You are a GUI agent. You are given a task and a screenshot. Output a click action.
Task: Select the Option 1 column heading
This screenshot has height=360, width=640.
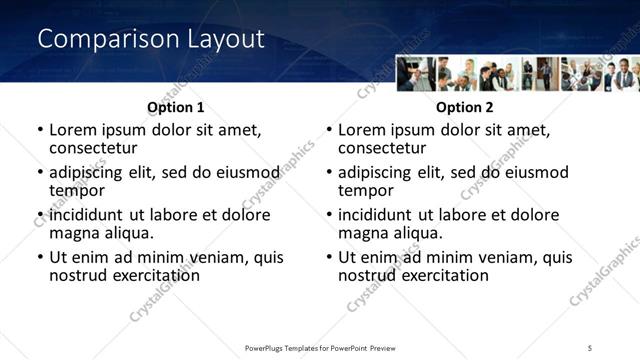(176, 108)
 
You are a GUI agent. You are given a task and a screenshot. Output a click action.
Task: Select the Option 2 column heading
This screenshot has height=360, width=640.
(465, 108)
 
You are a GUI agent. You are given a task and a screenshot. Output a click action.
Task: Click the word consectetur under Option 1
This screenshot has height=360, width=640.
(92, 148)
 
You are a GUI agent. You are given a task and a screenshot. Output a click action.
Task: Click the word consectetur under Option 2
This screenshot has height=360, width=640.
(381, 148)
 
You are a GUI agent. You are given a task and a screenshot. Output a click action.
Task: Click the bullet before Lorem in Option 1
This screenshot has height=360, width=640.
(40, 131)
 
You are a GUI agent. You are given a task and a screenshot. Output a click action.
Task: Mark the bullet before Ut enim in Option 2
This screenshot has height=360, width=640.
(329, 257)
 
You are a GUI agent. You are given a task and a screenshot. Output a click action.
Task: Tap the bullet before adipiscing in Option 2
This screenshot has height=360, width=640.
(329, 173)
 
